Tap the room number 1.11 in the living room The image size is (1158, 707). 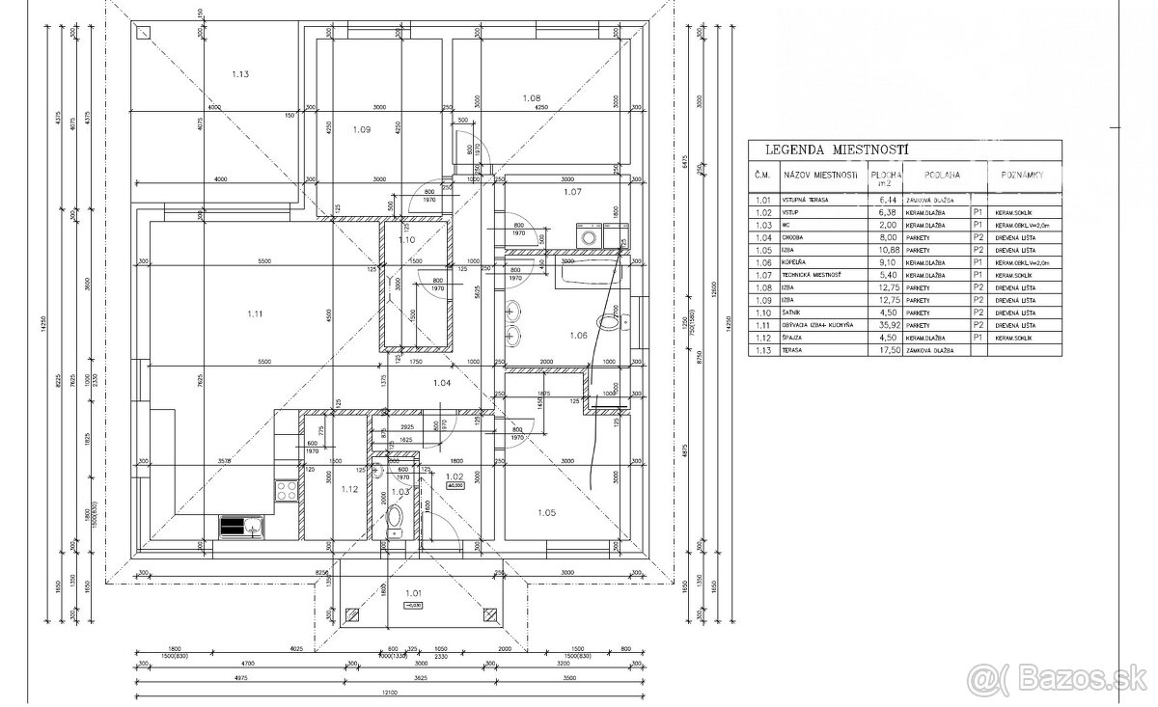point(255,313)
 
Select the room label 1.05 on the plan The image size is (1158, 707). point(544,512)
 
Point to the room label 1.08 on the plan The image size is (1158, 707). point(532,97)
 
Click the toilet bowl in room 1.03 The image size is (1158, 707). point(393,531)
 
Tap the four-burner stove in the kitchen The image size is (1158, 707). point(286,490)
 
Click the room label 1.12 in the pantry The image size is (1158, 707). point(349,489)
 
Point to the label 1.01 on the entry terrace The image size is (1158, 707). point(414,593)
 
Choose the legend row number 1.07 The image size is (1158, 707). point(763,273)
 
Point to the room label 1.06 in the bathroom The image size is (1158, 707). point(578,335)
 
